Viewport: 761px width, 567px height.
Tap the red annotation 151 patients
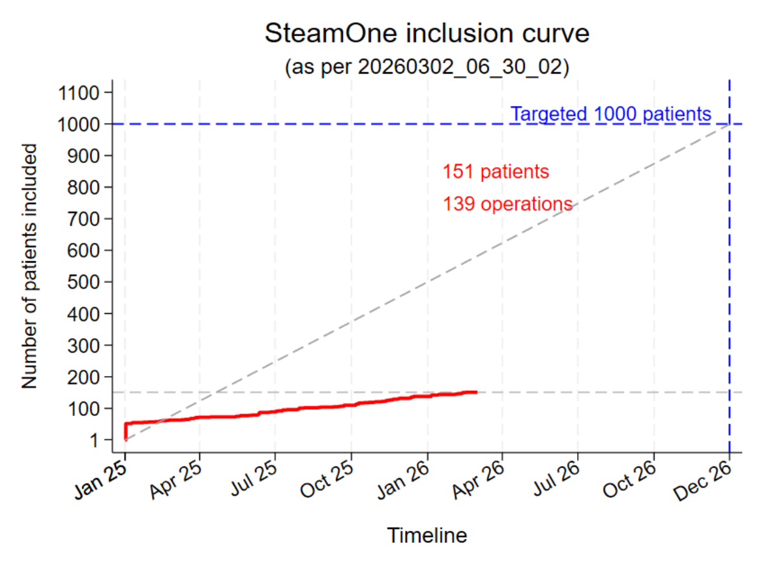(x=495, y=172)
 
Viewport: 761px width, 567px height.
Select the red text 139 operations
(x=507, y=204)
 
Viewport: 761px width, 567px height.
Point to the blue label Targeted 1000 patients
(x=611, y=114)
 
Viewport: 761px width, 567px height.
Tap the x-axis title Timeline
(x=427, y=536)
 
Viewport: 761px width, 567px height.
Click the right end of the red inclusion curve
(x=476, y=392)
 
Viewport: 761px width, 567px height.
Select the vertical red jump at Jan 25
(x=126, y=431)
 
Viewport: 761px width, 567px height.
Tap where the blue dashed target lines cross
(x=729, y=124)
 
